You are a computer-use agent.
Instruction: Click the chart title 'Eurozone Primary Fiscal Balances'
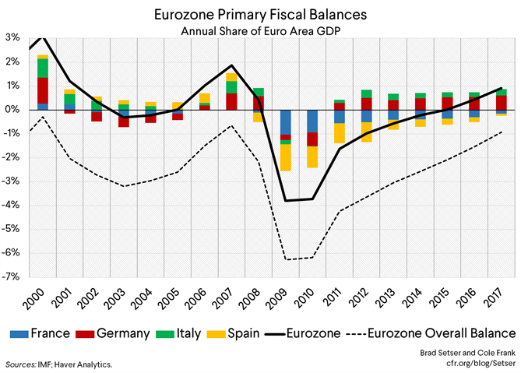point(259,14)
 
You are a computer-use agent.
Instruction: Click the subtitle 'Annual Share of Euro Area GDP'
point(259,31)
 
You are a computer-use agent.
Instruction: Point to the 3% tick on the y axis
point(13,37)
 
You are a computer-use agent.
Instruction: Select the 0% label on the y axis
point(13,110)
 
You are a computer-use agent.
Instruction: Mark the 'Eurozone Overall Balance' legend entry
point(431,333)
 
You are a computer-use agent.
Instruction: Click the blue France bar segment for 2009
point(286,122)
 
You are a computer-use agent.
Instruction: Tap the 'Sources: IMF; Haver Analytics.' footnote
point(58,364)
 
